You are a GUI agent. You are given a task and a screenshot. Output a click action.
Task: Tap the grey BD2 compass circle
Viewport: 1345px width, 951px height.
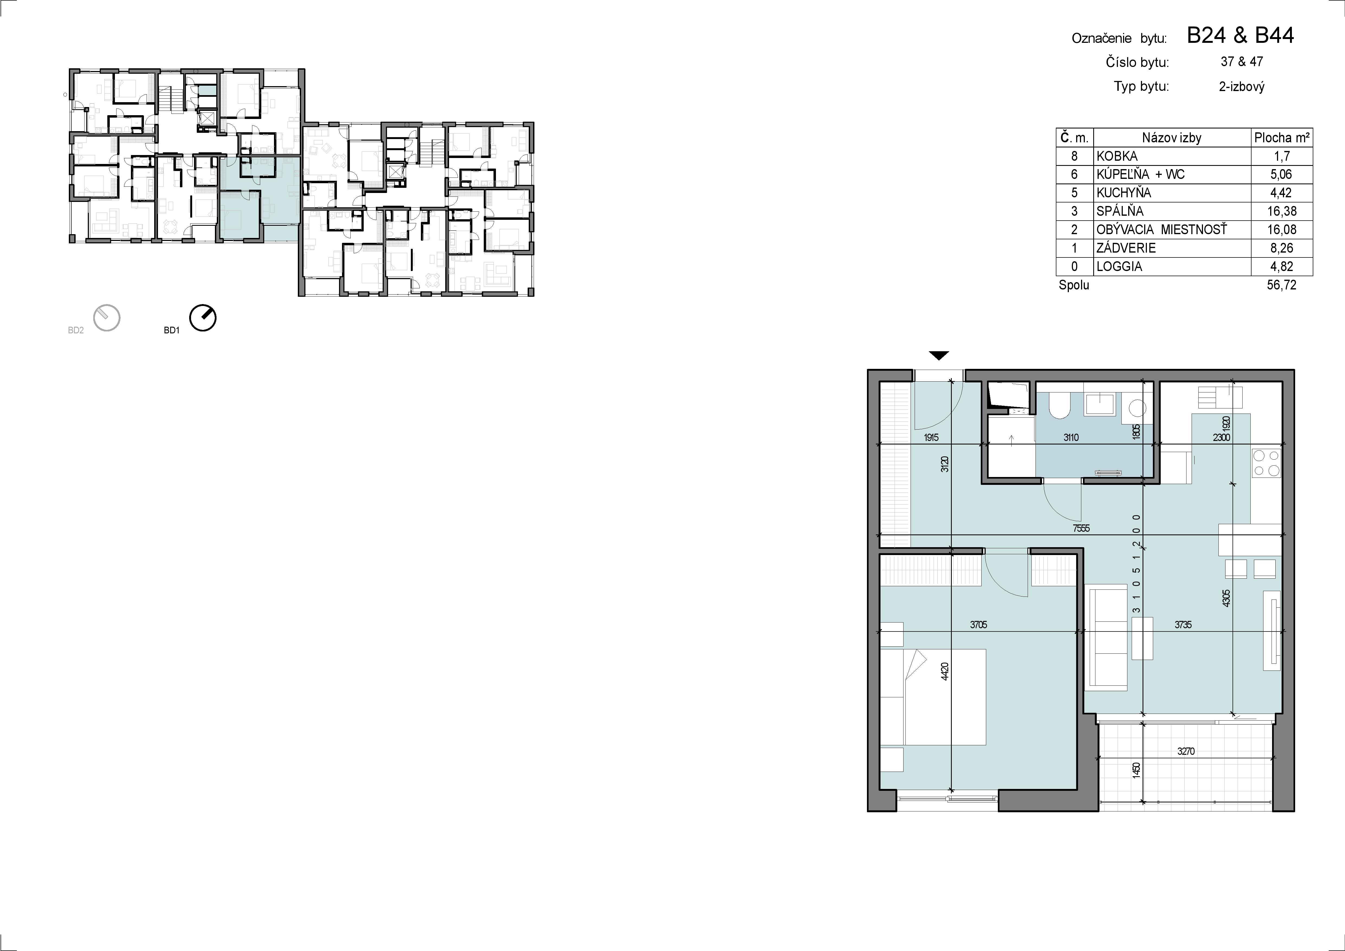(x=107, y=318)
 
